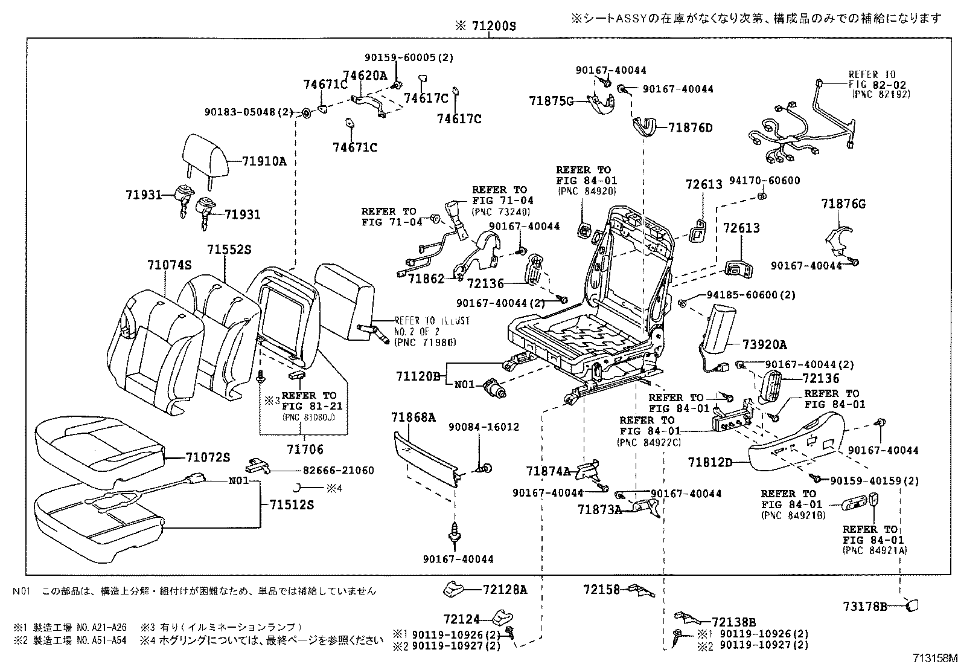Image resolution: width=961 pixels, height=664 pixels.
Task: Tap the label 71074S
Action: (x=169, y=265)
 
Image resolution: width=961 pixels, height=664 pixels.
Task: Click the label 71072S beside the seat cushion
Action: (x=208, y=457)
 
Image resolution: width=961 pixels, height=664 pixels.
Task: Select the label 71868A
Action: (x=413, y=417)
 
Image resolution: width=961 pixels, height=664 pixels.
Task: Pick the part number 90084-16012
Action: (x=484, y=427)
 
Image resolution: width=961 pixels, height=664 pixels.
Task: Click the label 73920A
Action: (x=765, y=345)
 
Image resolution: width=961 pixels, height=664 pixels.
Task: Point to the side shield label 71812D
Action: (x=710, y=463)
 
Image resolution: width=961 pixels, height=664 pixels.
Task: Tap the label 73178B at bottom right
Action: (x=865, y=606)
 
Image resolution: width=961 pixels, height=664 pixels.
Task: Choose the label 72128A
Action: (x=505, y=590)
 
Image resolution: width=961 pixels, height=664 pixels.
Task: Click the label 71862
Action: (x=426, y=279)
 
